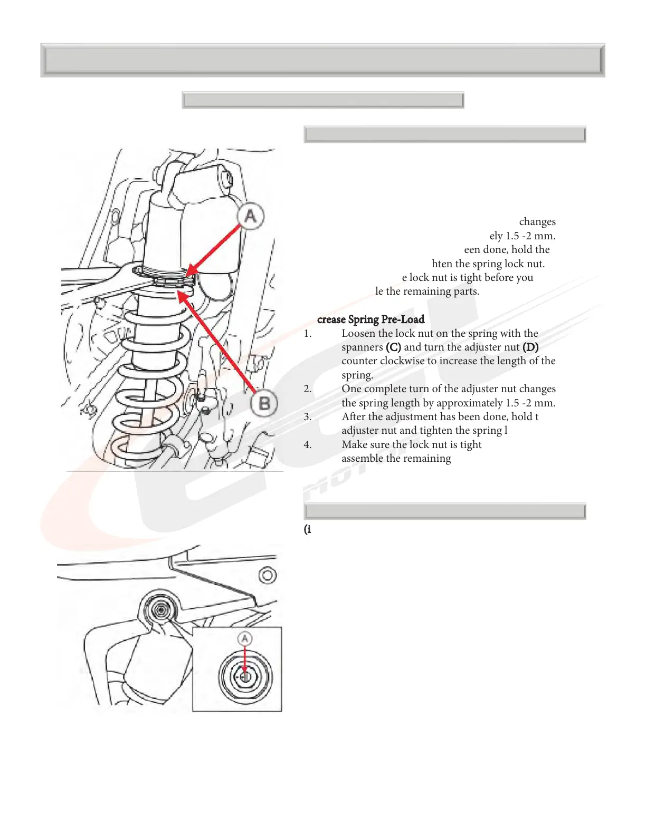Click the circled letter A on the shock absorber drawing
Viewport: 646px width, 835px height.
pos(250,216)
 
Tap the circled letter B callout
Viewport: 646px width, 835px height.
pos(264,404)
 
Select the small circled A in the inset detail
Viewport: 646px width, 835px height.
pos(244,639)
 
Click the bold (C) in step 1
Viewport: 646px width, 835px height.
pos(393,347)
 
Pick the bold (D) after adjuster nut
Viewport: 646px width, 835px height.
pos(530,347)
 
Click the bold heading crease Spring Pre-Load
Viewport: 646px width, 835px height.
pos(370,319)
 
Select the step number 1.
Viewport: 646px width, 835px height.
pos(308,334)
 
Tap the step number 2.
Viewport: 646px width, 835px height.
pos(308,389)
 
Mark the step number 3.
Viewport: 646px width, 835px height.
pos(308,417)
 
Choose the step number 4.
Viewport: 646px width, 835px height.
pos(308,445)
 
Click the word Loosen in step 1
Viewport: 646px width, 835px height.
pos(358,334)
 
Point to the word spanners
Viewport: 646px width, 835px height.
pos(362,347)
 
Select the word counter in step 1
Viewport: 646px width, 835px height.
pos(359,361)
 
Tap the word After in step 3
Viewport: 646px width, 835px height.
pos(354,417)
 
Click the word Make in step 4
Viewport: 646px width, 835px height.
pos(354,445)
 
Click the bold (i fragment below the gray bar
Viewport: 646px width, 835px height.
pos(307,530)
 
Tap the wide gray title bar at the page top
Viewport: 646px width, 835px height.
pos(322,60)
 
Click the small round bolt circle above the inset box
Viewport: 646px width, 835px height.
pos(268,575)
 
